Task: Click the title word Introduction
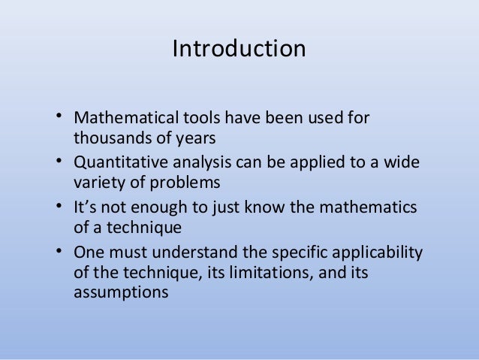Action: [x=239, y=49]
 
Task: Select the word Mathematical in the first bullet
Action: [x=120, y=119]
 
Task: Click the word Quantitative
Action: [x=118, y=163]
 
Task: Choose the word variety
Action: [x=98, y=183]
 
